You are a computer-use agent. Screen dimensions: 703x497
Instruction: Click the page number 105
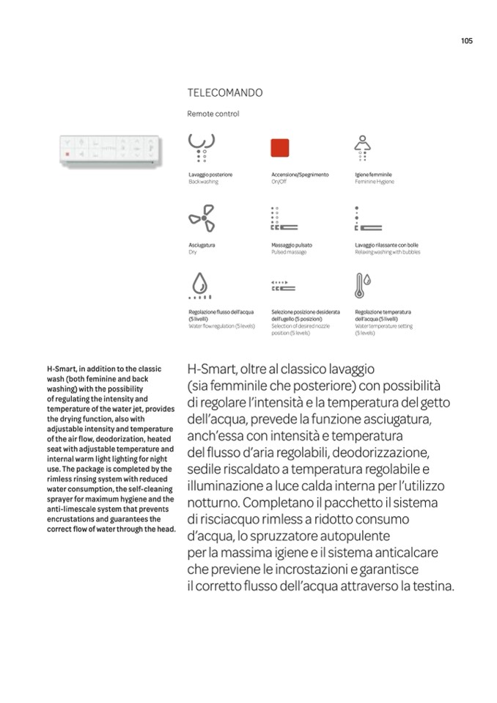[466, 41]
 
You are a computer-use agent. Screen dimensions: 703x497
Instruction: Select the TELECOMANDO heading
[225, 93]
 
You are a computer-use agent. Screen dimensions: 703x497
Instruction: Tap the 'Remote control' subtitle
[213, 114]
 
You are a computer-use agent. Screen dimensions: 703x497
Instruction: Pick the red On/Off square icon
[280, 147]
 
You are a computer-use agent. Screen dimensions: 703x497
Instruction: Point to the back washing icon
[201, 147]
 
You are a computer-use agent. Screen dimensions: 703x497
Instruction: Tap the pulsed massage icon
[282, 219]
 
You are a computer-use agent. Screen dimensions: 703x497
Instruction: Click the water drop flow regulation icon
[199, 286]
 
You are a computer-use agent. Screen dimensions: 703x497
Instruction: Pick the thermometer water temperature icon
[362, 285]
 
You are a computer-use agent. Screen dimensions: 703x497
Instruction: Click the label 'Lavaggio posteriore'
[210, 174]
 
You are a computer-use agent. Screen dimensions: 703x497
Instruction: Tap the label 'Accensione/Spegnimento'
[300, 174]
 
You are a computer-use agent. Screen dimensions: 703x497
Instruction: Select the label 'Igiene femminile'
[373, 174]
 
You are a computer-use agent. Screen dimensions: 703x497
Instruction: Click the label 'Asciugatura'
[202, 245]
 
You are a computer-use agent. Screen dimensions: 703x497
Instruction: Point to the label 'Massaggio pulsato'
[292, 245]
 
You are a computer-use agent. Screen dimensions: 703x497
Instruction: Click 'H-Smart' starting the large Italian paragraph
[211, 369]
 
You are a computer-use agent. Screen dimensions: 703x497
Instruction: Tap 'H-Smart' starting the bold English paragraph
[61, 369]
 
